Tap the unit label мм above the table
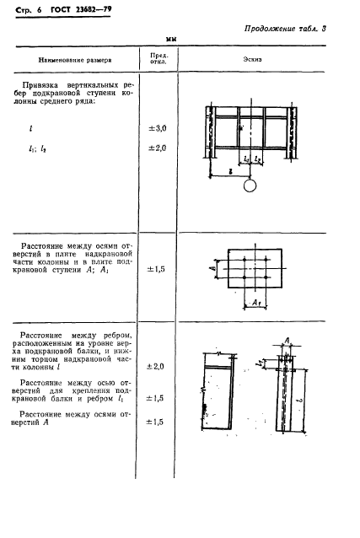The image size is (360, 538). [172, 40]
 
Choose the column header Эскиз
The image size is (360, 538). [255, 61]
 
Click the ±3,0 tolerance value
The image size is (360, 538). [158, 128]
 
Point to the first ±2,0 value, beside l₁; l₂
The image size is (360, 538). [158, 148]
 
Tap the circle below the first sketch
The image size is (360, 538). [249, 186]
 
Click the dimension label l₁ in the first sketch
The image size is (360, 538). [244, 158]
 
